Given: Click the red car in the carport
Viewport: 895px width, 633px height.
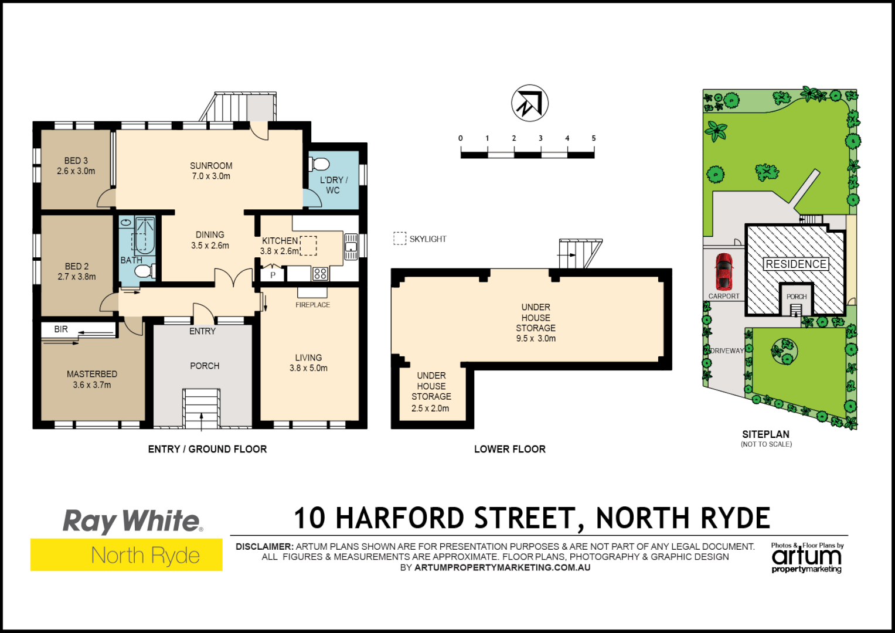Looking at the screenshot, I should click(x=724, y=271).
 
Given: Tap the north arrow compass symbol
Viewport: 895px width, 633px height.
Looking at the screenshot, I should click(x=529, y=103).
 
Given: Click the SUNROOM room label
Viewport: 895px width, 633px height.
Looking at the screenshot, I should click(x=211, y=166).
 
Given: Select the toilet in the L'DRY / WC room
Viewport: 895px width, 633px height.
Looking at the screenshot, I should click(x=319, y=164).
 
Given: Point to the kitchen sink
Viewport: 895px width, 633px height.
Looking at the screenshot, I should click(x=350, y=246).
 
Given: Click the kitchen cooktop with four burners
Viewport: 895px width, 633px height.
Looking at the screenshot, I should click(x=320, y=273).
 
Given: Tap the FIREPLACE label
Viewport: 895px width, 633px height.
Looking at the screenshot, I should click(x=312, y=305).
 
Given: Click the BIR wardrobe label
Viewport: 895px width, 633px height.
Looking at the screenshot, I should click(x=61, y=329).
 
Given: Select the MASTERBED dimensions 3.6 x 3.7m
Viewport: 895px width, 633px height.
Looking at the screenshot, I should click(x=91, y=385).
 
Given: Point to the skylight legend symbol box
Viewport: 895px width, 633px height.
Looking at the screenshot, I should click(x=400, y=239).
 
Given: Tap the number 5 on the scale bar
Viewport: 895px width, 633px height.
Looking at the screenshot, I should click(x=594, y=138).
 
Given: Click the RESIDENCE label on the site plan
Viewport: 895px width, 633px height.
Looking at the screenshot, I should click(x=796, y=264).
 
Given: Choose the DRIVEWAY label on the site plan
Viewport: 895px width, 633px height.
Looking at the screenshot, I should click(x=727, y=351).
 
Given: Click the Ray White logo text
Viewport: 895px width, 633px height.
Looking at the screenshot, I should click(x=132, y=520).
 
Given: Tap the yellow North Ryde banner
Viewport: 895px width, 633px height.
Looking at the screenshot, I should click(x=127, y=554).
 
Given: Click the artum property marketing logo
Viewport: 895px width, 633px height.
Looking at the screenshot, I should click(x=806, y=558).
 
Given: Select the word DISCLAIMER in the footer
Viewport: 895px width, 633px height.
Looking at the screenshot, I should click(x=264, y=546).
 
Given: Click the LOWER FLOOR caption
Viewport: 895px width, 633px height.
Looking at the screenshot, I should click(x=509, y=449).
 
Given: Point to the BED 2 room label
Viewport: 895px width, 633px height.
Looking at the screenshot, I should click(x=77, y=266).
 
